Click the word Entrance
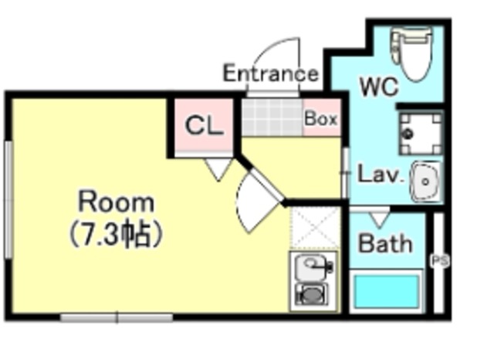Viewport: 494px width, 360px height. click(271, 73)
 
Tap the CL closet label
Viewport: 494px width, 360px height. click(204, 126)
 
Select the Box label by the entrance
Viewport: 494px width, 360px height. click(321, 119)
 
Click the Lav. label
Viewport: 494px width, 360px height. click(381, 175)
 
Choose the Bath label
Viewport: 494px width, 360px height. click(386, 243)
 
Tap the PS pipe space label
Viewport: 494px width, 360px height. click(440, 260)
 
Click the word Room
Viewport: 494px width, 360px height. click(117, 202)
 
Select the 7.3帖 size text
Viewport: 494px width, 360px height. click(116, 235)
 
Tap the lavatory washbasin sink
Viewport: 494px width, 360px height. click(425, 182)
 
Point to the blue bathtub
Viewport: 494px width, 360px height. click(387, 291)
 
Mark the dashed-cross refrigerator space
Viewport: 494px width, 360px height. click(315, 228)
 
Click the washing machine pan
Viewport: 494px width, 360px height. click(421, 133)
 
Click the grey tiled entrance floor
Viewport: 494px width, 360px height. click(272, 117)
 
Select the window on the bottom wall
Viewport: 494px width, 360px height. click(117, 318)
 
